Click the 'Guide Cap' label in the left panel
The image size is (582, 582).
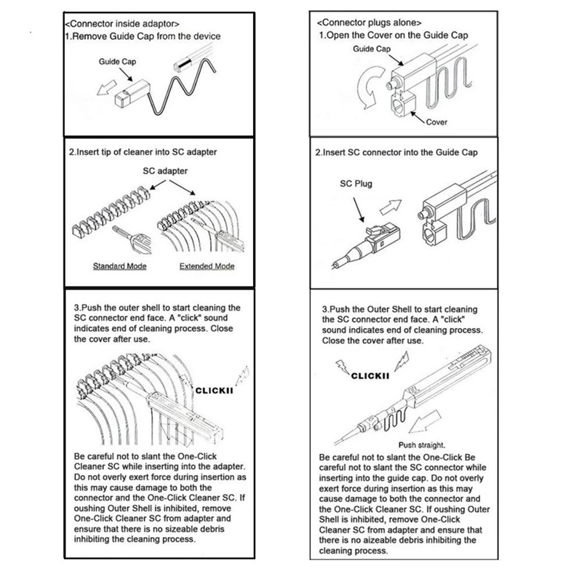point(115,63)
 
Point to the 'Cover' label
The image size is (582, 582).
point(436,123)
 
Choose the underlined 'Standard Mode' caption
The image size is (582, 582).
point(119,266)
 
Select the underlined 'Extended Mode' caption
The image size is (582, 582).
point(207,266)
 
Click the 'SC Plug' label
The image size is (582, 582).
point(356,184)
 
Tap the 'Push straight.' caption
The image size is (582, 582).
point(421,445)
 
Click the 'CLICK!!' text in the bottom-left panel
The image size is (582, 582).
point(212,391)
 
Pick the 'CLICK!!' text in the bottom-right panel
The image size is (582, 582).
point(371,376)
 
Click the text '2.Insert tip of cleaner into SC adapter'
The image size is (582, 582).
point(142,153)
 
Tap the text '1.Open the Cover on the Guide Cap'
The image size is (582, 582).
point(394,35)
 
